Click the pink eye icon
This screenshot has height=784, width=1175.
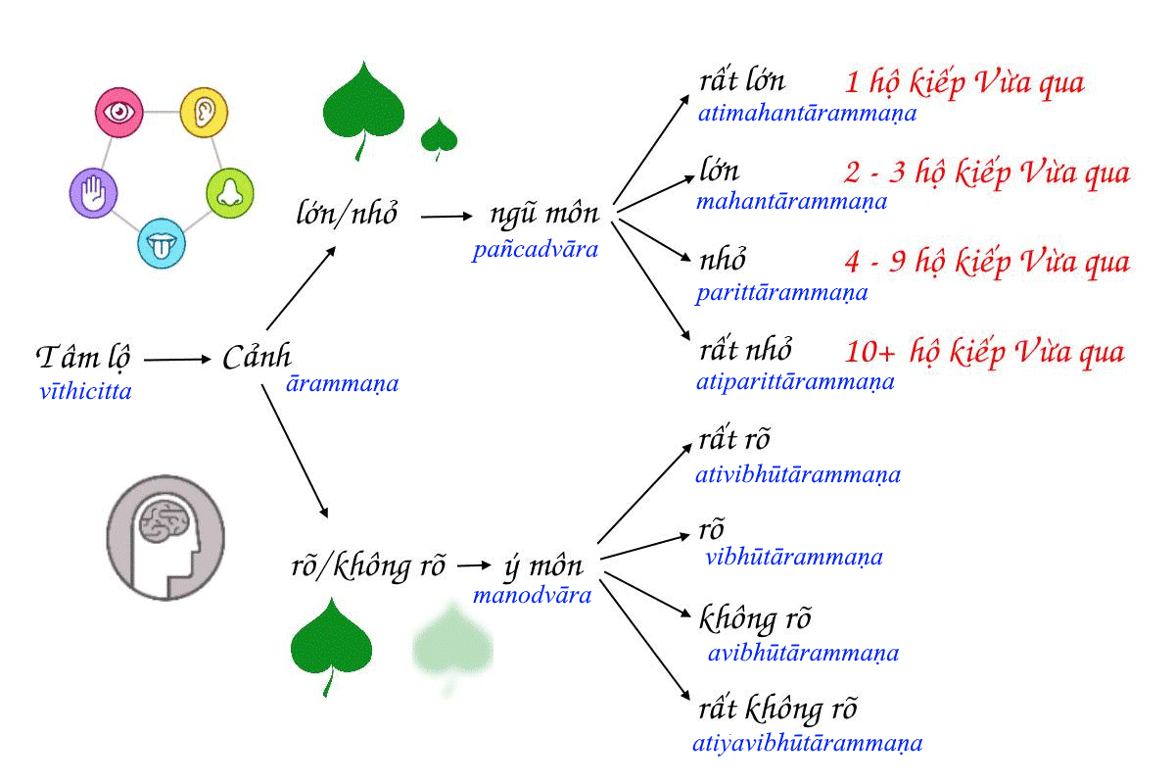[x=120, y=112]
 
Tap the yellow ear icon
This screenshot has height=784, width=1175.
[x=205, y=112]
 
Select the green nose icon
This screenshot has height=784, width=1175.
[x=230, y=192]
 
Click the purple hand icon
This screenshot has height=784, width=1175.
[x=94, y=192]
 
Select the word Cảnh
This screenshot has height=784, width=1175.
[x=257, y=358]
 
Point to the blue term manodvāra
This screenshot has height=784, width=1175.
[x=532, y=594]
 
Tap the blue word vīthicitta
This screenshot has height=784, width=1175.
[x=86, y=392]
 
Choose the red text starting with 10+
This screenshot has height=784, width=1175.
[x=984, y=352]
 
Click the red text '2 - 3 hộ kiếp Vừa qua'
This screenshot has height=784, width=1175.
[x=987, y=173]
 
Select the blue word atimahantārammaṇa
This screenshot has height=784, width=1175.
[x=807, y=113]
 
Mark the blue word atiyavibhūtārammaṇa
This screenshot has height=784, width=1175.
[x=807, y=742]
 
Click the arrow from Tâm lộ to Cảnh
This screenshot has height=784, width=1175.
[x=177, y=360]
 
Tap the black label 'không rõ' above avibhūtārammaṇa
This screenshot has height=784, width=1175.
[x=755, y=620]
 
